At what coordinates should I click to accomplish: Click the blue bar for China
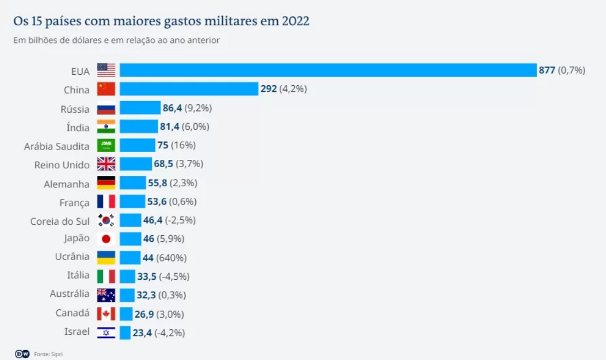click(x=189, y=89)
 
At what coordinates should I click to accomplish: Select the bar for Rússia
click(x=139, y=108)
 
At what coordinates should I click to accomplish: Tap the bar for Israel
click(x=125, y=333)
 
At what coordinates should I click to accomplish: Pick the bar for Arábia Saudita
click(x=137, y=145)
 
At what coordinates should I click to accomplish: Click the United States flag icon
click(x=106, y=70)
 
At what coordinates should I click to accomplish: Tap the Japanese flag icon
click(x=106, y=239)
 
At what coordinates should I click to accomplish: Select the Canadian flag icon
click(x=106, y=314)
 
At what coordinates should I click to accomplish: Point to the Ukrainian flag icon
click(x=106, y=258)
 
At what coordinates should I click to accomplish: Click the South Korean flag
click(x=106, y=220)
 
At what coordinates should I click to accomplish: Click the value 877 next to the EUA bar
click(x=547, y=70)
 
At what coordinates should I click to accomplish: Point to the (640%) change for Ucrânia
click(x=172, y=258)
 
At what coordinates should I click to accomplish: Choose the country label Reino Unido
click(x=61, y=164)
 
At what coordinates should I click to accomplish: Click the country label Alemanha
click(x=66, y=184)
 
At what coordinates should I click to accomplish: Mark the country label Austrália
click(x=69, y=295)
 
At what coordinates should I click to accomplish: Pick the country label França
click(x=74, y=202)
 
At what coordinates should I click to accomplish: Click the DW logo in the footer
click(x=22, y=354)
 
